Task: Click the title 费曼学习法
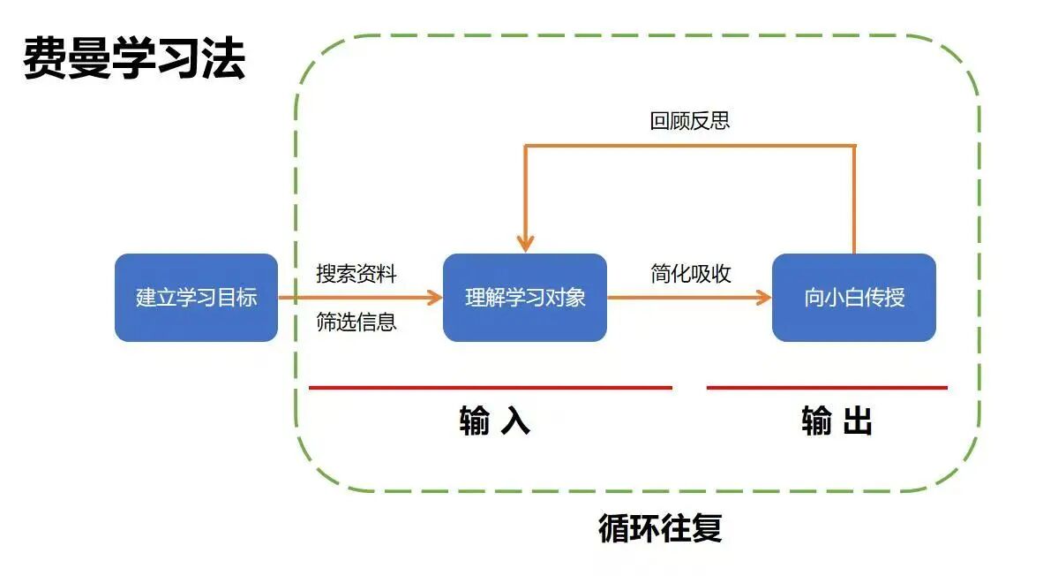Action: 134,59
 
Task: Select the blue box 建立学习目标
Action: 196,298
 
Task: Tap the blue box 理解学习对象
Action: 525,298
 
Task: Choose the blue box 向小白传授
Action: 853,298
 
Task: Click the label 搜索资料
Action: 356,274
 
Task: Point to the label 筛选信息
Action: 356,322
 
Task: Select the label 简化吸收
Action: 691,274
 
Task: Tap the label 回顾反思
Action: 690,121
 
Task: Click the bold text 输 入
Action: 494,421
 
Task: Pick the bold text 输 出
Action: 837,421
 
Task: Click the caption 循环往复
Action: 660,528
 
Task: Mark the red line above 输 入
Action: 491,387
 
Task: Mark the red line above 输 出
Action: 827,387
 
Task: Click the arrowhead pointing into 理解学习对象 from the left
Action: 435,298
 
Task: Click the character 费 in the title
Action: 45,59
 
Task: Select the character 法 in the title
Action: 223,59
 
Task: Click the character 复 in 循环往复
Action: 707,528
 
